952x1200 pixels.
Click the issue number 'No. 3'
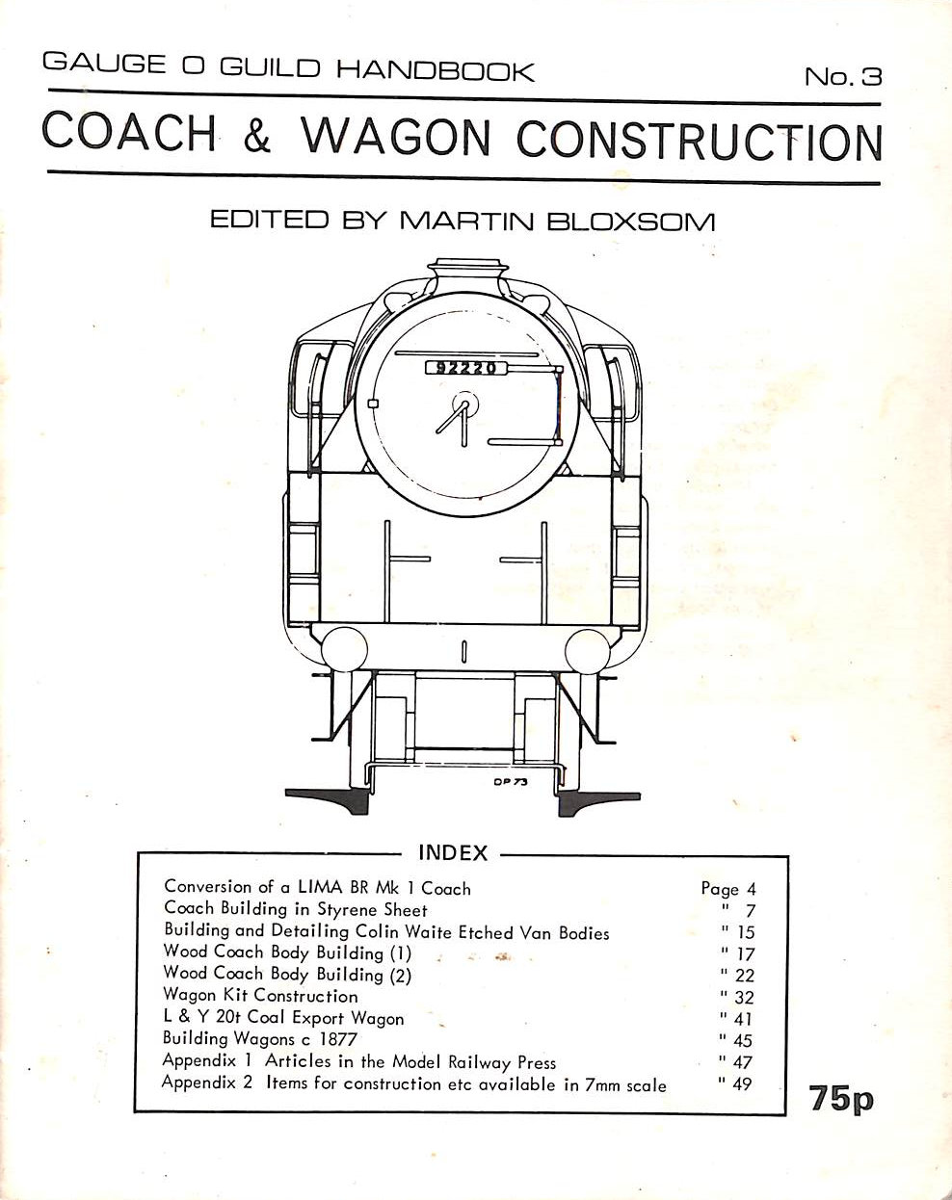click(842, 76)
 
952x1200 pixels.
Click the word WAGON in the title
click(396, 136)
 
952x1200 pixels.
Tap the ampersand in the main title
click(256, 136)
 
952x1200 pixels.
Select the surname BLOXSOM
click(630, 222)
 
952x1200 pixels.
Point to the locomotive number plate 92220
click(465, 368)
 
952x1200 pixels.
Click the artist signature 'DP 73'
click(510, 782)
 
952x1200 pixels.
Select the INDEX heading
click(453, 853)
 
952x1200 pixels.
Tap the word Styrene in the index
click(347, 910)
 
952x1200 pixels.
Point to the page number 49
click(743, 1084)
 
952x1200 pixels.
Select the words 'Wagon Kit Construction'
click(260, 996)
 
